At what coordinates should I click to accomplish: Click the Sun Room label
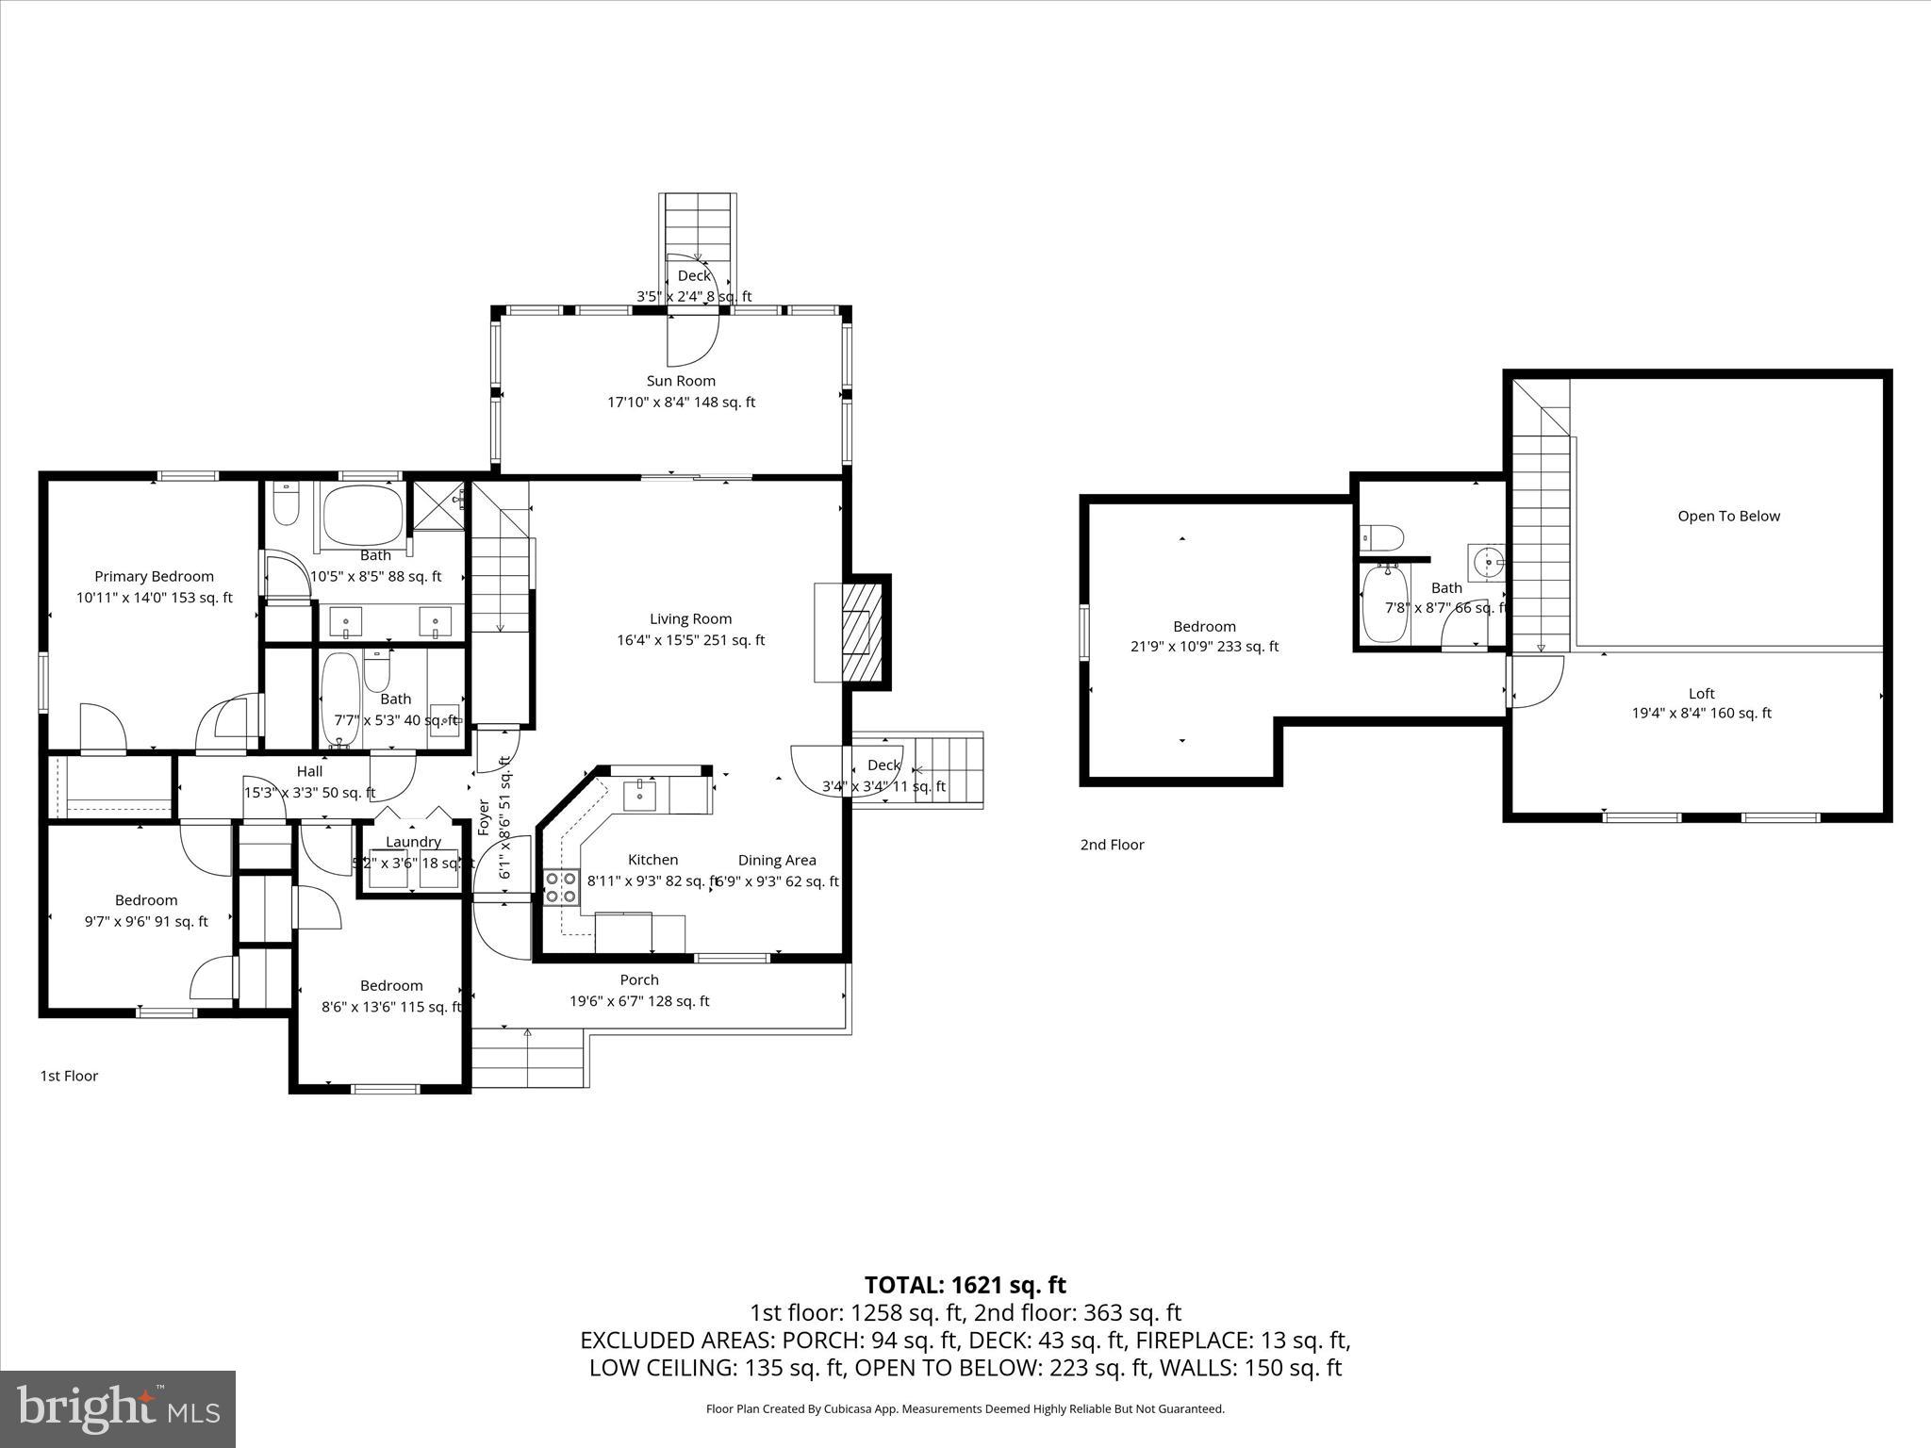[x=681, y=381]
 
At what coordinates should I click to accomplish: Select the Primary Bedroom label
[x=154, y=576]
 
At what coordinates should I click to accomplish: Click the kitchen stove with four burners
[x=560, y=887]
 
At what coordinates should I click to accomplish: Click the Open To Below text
[x=1728, y=516]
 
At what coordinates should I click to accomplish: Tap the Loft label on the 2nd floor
[x=1701, y=693]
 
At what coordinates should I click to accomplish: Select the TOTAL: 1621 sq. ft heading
[x=965, y=1285]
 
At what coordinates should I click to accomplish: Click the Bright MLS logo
[x=118, y=1408]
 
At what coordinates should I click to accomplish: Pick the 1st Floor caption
[x=69, y=1076]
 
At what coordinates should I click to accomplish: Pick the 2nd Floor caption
[x=1112, y=845]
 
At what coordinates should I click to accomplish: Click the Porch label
[x=639, y=980]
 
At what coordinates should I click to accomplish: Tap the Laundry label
[x=413, y=842]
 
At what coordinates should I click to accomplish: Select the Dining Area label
[x=777, y=860]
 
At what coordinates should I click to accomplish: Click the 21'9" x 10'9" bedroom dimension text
[x=1204, y=647]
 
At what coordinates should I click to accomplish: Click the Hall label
[x=309, y=771]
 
